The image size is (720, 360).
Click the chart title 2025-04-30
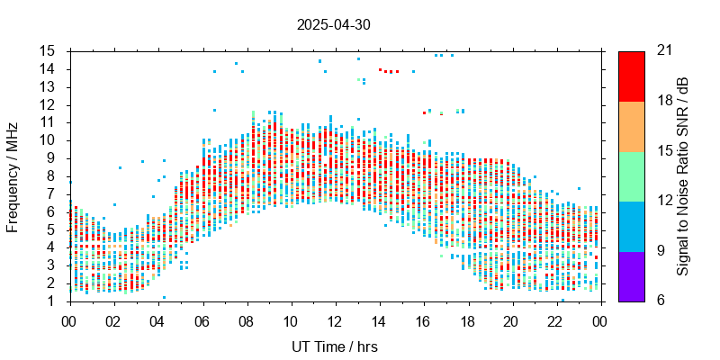click(x=333, y=25)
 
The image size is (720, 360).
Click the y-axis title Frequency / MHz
click(x=13, y=176)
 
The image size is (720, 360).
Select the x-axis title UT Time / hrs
click(x=335, y=346)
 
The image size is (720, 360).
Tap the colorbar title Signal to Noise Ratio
click(x=683, y=176)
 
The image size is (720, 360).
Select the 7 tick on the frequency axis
click(x=53, y=194)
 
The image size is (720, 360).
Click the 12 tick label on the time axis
click(x=335, y=321)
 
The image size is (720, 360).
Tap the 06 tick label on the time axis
click(x=202, y=321)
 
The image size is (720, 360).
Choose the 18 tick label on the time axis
click(x=468, y=321)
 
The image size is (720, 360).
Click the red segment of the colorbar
click(x=631, y=76)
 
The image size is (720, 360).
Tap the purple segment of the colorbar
click(x=631, y=276)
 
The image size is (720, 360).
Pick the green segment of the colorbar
click(x=631, y=176)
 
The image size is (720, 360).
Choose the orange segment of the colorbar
click(x=631, y=126)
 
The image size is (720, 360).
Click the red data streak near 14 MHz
click(x=390, y=70)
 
